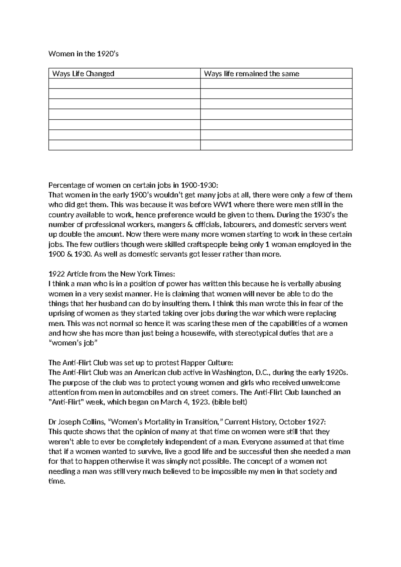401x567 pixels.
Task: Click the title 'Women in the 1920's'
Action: [83, 54]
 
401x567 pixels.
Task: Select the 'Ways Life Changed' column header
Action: [83, 74]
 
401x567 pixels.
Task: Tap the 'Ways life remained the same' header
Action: [251, 74]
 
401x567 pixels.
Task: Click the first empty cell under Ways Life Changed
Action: [124, 84]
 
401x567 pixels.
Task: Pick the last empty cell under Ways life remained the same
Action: [276, 145]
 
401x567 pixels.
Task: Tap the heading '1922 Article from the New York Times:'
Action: [112, 274]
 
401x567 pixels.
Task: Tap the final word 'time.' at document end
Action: [56, 481]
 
